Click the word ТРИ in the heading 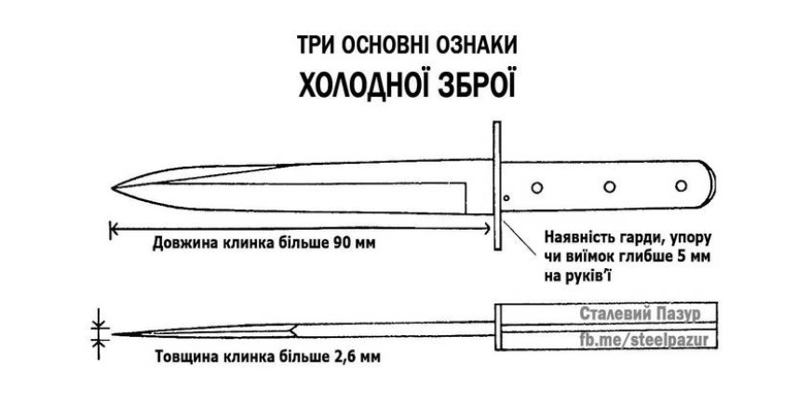[x=315, y=45]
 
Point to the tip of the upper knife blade [x=112, y=187]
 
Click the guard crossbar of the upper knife [x=497, y=185]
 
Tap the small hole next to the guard [x=506, y=198]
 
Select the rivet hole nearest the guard [x=536, y=187]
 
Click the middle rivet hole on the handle [x=610, y=186]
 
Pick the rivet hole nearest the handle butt [x=682, y=185]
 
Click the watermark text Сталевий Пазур [x=640, y=314]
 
